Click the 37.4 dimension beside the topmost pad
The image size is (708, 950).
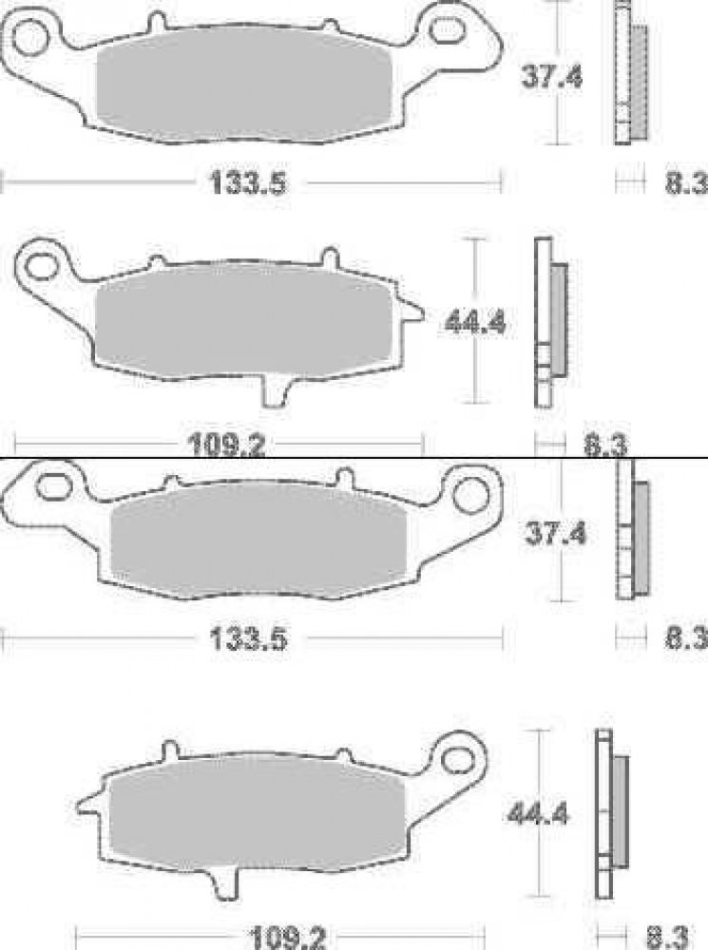[551, 77]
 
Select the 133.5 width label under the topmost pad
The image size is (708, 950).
[247, 182]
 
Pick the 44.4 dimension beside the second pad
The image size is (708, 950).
[474, 322]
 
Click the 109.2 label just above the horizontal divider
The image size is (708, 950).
[225, 446]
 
